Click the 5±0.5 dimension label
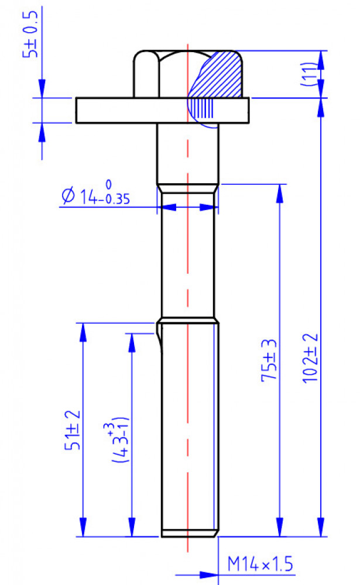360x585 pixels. (30, 35)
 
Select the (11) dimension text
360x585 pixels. (308, 74)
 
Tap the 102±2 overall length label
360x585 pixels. (310, 358)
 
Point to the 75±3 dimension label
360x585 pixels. (269, 360)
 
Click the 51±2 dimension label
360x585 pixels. (73, 430)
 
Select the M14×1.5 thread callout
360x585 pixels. (260, 564)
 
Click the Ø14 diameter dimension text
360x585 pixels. (95, 194)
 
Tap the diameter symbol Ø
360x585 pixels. (68, 195)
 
